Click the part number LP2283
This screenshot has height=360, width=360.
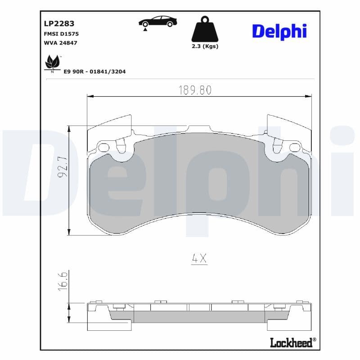(x=59, y=23)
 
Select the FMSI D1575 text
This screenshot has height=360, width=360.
(x=62, y=34)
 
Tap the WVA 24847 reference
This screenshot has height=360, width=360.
(x=61, y=44)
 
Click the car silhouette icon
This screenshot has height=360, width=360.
(x=157, y=22)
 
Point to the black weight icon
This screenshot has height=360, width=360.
(x=205, y=30)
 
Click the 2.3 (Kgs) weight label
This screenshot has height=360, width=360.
(x=205, y=46)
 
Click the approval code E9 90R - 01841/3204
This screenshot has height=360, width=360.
(x=95, y=71)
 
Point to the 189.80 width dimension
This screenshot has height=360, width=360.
(x=195, y=90)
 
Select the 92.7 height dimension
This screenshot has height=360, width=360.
(x=62, y=166)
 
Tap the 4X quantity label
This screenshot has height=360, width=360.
(x=198, y=258)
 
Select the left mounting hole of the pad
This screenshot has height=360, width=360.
(x=103, y=147)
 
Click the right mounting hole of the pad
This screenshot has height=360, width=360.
(x=294, y=147)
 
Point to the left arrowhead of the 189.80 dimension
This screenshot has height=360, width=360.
(x=90, y=96)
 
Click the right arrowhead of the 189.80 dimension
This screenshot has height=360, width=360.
(x=308, y=96)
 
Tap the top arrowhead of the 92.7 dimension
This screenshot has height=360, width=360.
(x=69, y=129)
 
